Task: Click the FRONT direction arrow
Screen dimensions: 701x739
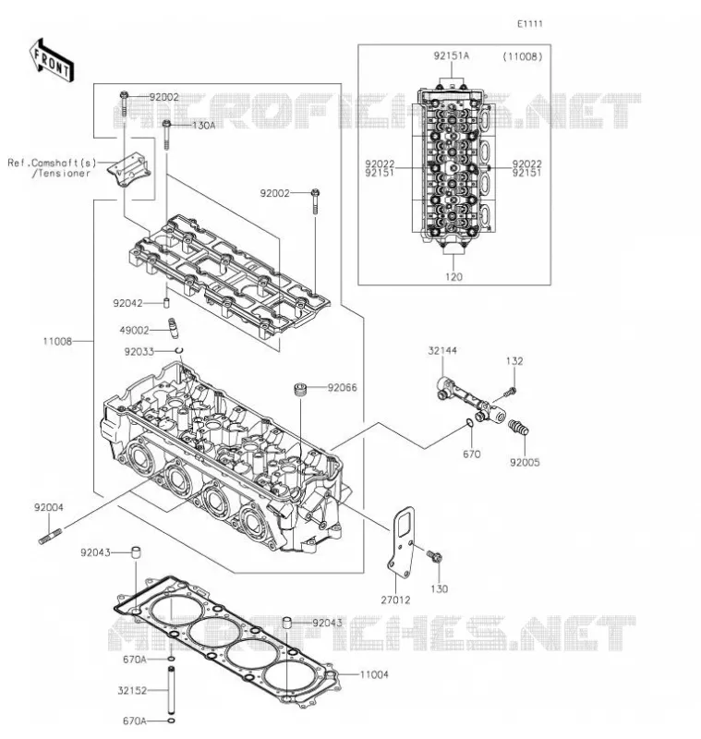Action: click(52, 61)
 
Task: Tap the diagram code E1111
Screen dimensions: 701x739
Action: click(530, 24)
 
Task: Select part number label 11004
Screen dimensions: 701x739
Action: click(374, 674)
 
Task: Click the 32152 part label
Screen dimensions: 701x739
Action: click(132, 690)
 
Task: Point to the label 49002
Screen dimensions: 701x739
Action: click(134, 331)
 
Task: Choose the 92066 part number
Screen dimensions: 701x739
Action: click(343, 387)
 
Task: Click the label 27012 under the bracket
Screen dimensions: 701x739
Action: click(395, 600)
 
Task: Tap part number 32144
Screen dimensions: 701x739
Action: click(442, 351)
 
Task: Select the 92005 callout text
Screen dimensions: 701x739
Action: click(525, 463)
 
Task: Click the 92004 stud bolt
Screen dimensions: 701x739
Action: click(50, 537)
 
